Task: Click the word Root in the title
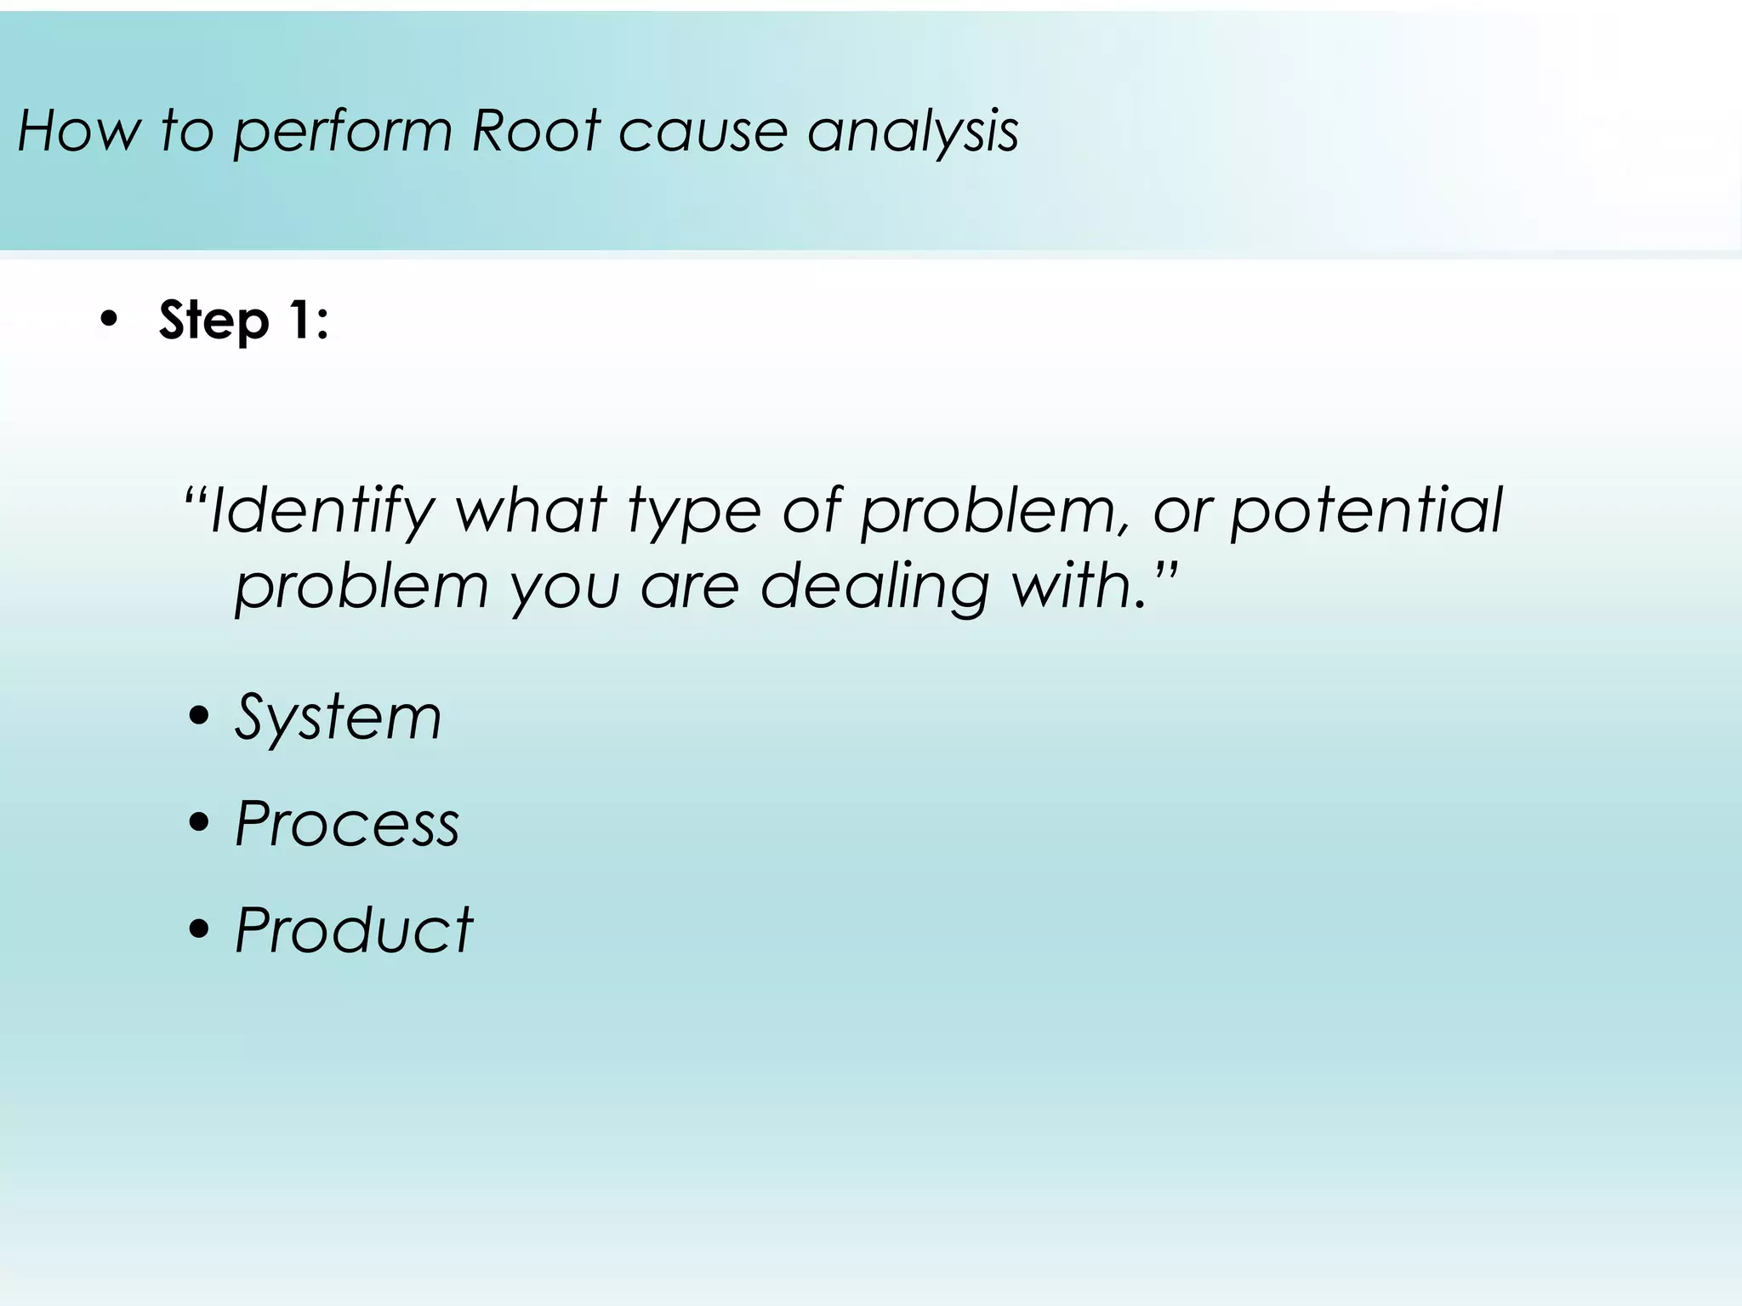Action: (x=536, y=132)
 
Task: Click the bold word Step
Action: (x=213, y=321)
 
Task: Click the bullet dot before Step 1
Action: (x=109, y=321)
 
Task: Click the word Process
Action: (x=346, y=824)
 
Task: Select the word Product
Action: (x=353, y=929)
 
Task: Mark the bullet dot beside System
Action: (x=199, y=718)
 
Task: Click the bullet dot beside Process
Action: (x=199, y=823)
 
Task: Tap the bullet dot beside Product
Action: (x=199, y=929)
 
